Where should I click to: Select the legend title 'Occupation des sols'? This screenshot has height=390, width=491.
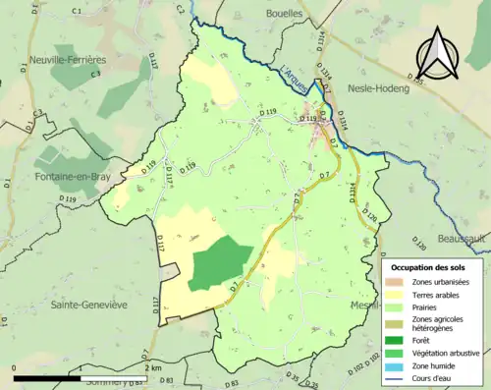[x=436, y=267]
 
